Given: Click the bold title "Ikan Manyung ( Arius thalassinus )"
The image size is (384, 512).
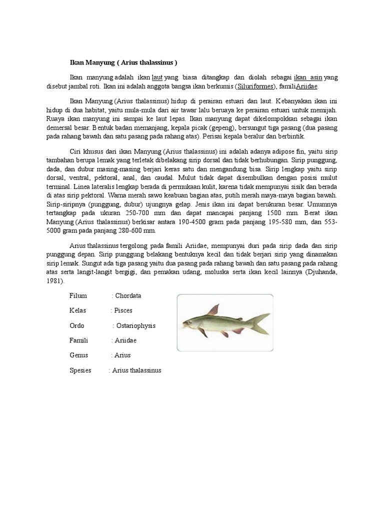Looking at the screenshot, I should pyautogui.click(x=123, y=63).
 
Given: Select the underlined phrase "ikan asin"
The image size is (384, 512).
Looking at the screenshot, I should pyautogui.click(x=307, y=77).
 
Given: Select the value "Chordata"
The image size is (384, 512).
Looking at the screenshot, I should pyautogui.click(x=128, y=296).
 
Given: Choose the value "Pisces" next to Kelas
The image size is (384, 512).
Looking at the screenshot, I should pyautogui.click(x=123, y=310).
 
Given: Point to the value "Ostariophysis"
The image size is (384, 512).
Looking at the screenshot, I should pyautogui.click(x=135, y=325).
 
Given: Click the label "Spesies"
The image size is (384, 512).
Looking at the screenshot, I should pyautogui.click(x=80, y=370).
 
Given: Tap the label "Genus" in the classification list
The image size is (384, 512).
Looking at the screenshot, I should pyautogui.click(x=78, y=355).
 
